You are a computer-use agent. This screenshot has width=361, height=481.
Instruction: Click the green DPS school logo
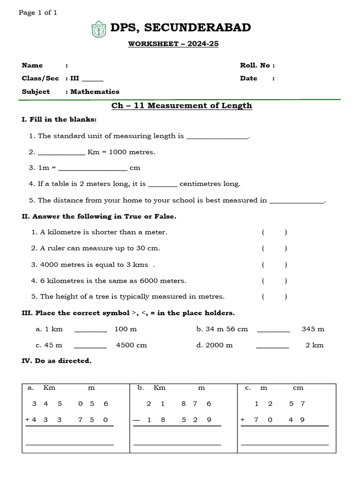99,29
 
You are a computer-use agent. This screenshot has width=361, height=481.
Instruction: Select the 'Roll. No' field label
257,65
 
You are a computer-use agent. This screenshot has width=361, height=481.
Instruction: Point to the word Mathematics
95,92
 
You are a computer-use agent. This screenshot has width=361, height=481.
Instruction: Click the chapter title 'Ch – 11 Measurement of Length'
181,106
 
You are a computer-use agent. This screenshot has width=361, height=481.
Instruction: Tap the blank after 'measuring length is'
217,137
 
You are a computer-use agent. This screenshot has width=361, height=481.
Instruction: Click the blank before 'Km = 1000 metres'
61,153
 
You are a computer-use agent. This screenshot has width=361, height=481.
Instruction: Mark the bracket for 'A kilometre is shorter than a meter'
275,232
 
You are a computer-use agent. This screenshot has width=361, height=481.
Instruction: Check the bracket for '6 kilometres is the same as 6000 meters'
275,281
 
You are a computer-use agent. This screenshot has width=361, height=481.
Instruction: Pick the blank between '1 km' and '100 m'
91,330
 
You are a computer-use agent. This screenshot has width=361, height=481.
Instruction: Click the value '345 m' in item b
313,329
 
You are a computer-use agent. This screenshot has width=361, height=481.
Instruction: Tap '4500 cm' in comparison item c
132,345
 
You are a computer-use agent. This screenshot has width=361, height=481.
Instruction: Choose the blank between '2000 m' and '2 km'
273,346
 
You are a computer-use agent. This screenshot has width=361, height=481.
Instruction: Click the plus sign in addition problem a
28,420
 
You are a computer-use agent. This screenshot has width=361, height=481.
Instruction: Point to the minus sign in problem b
136,420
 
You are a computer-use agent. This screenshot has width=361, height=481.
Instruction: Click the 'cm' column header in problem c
298,388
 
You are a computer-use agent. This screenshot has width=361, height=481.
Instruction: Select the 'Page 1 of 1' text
38,13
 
